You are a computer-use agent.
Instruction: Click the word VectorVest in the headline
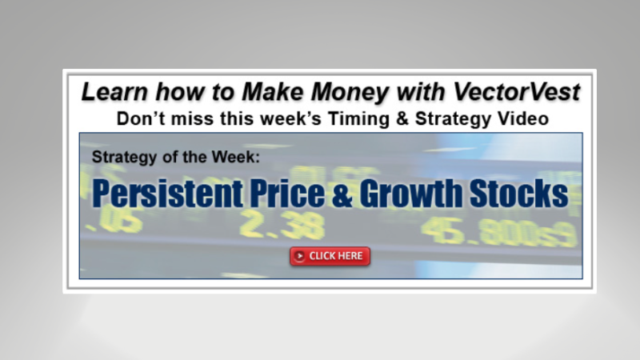[x=516, y=91]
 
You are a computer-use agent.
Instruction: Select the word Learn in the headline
[x=113, y=91]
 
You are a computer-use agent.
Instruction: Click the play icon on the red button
[x=299, y=256]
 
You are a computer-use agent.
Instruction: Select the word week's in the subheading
[x=311, y=119]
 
